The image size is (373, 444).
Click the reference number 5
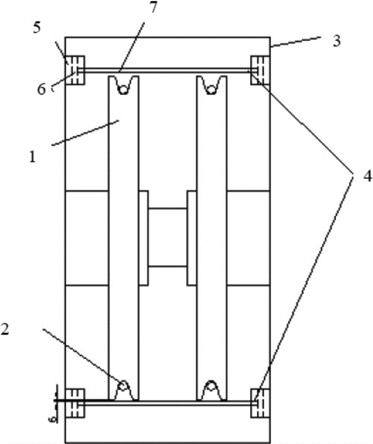coord(36,28)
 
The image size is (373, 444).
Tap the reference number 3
coord(336,41)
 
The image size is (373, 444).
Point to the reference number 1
coord(32,157)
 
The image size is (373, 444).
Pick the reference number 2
coord(4,329)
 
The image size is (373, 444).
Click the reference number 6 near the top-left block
coord(41,90)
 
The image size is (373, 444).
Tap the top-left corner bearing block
coord(75,70)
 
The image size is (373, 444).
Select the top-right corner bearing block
coord(260,70)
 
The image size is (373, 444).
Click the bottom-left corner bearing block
coord(75,403)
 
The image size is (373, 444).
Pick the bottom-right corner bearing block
coord(260,403)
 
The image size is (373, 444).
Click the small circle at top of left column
coord(123,90)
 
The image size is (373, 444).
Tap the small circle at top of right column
coord(211,90)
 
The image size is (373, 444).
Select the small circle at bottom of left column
coord(123,386)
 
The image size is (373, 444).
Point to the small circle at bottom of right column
coord(211,386)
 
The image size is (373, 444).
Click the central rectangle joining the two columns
coord(167,238)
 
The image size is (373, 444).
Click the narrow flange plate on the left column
coord(143,238)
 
